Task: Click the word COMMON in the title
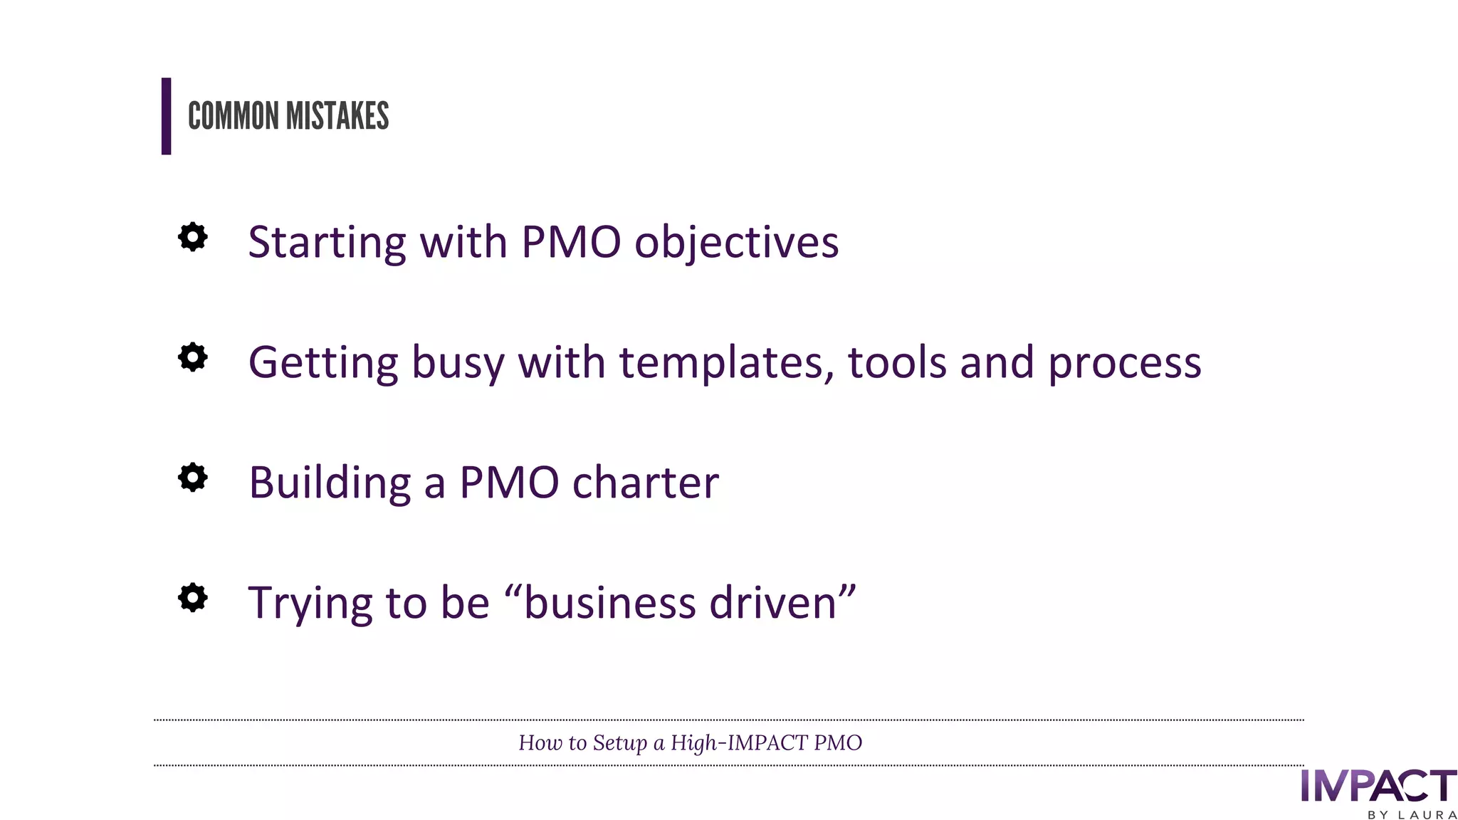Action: tap(233, 116)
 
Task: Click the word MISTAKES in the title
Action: tap(337, 116)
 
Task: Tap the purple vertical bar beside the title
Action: tap(166, 116)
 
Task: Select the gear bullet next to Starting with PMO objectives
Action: tap(192, 237)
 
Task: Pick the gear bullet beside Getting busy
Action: tap(192, 357)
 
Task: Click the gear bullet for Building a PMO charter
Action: tap(192, 478)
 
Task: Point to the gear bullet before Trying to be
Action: tap(192, 598)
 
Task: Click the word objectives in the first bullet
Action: tap(736, 243)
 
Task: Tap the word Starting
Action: tap(327, 243)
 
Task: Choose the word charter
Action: tap(645, 483)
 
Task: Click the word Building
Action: tap(330, 483)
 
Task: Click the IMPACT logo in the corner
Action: tap(1378, 786)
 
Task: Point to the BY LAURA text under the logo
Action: tap(1412, 814)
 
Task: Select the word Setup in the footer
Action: tap(619, 743)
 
